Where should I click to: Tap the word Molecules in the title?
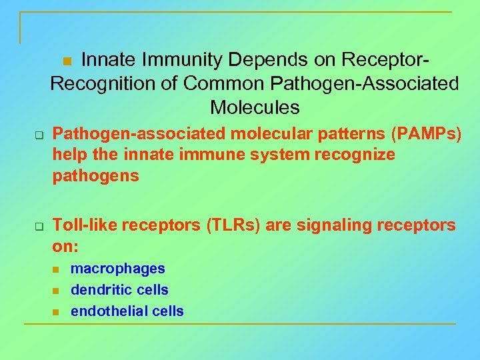point(255,107)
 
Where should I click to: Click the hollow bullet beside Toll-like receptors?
point(39,227)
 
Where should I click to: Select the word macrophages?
point(117,269)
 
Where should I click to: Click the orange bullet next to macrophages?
point(56,269)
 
